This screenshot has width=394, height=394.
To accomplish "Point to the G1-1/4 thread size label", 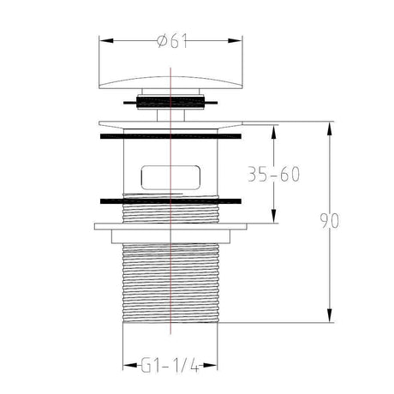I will [172, 367].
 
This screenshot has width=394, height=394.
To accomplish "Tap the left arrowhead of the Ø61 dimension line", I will [104, 39].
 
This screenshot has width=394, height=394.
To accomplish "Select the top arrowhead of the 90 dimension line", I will [330, 127].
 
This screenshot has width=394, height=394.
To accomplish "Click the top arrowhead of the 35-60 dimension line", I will [274, 128].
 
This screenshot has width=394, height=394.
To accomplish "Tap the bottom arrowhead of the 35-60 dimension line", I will [274, 219].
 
